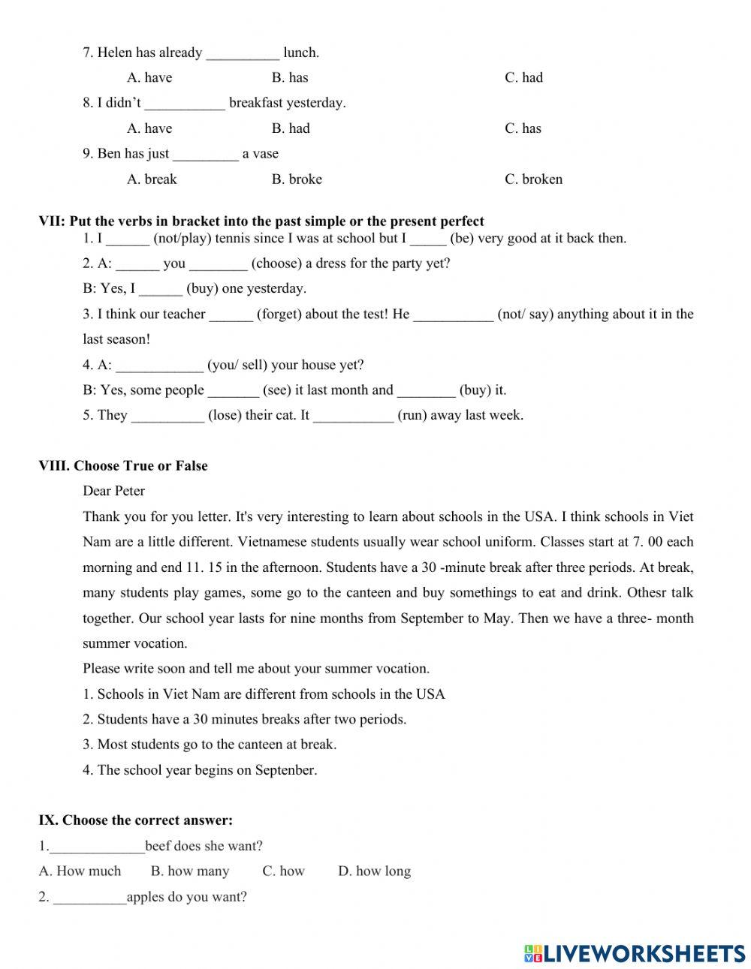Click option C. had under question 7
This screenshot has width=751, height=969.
tap(523, 77)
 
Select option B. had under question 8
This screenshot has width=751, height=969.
tap(291, 128)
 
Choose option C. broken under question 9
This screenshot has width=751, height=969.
tap(533, 179)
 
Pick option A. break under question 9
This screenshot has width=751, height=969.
tap(152, 179)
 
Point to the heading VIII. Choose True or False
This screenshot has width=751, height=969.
tap(123, 466)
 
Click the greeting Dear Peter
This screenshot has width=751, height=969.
tap(114, 492)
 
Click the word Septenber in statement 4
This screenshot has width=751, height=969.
tap(285, 770)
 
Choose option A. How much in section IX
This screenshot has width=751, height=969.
tap(80, 871)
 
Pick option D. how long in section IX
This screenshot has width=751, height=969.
tap(374, 871)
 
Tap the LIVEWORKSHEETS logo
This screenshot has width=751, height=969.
tap(635, 953)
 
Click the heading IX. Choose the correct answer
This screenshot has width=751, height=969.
tap(136, 820)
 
